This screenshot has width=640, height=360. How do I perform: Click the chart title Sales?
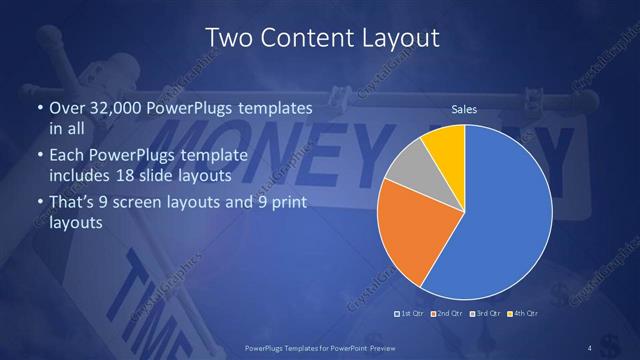[464, 108]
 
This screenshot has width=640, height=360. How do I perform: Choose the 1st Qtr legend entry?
[410, 314]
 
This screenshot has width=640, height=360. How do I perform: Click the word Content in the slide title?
[303, 39]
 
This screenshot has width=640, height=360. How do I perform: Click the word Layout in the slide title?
[397, 39]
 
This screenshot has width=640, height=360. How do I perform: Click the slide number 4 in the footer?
[590, 347]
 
